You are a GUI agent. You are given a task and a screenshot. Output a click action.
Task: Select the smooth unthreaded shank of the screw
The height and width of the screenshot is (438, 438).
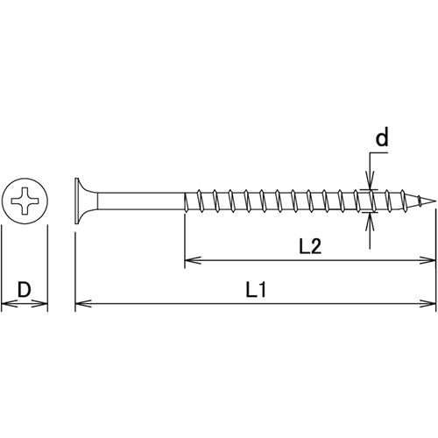coord(140,201)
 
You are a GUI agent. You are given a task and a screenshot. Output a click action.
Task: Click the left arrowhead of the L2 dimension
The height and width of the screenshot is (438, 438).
coord(189,260)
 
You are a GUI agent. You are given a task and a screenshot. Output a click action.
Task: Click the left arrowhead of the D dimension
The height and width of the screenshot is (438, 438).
coord(6,305)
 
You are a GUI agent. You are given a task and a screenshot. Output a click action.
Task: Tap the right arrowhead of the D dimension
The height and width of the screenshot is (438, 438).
coord(43,305)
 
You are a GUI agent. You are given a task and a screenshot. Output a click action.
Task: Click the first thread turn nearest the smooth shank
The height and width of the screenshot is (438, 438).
coord(191,201)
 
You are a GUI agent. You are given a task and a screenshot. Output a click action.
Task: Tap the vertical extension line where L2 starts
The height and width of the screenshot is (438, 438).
coord(184,237)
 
